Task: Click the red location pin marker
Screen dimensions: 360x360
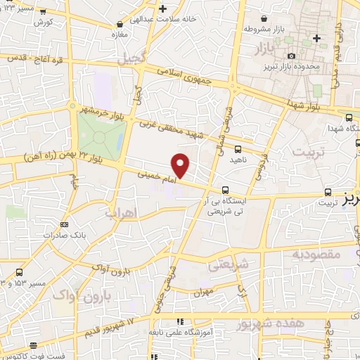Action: coord(181,165)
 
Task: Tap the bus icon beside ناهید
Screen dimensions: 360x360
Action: coord(238,148)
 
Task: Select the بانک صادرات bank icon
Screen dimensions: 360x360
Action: coord(65,225)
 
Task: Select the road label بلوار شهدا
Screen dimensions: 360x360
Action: coord(311,104)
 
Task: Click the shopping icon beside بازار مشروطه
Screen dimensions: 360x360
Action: coord(262,18)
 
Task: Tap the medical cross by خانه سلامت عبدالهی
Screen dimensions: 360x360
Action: coord(163,9)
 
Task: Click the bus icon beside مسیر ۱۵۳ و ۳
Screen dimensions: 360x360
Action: coord(18,273)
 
